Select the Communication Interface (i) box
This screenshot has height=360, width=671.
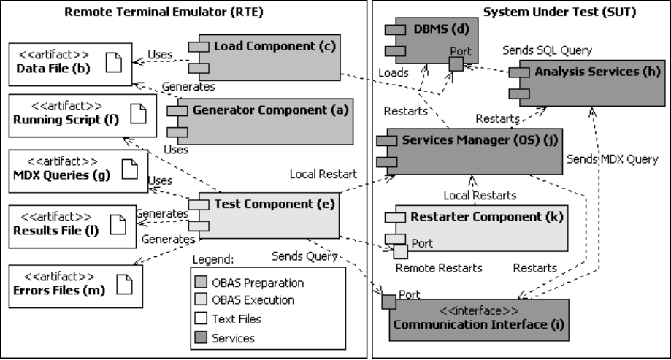coord(474,317)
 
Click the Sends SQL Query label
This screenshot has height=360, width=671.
coord(547,50)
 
